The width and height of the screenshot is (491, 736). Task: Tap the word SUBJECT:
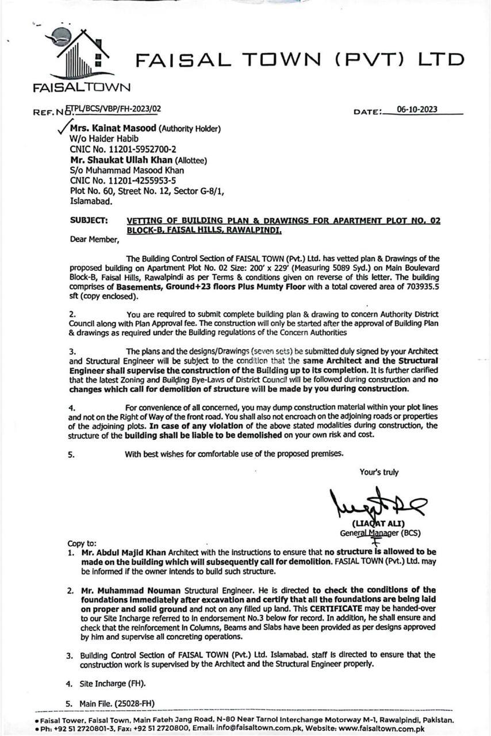click(88, 220)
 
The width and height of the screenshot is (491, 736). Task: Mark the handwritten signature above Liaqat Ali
click(374, 504)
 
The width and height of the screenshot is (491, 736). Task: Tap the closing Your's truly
click(379, 472)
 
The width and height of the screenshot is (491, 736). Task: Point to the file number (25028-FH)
click(135, 703)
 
